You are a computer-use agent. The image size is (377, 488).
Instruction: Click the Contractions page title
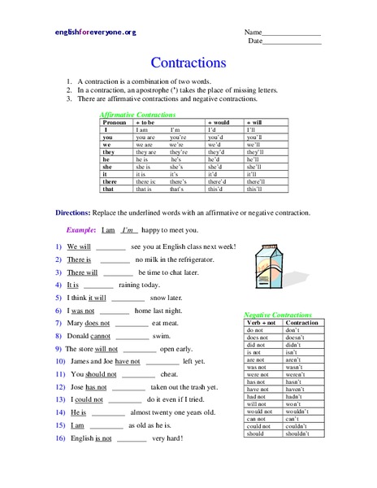(188, 62)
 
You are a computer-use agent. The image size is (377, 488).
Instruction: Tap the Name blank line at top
(293, 33)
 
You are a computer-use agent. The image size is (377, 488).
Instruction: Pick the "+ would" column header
(219, 122)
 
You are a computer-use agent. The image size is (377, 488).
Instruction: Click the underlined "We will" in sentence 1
(79, 246)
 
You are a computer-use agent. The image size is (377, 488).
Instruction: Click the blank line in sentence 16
(132, 438)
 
